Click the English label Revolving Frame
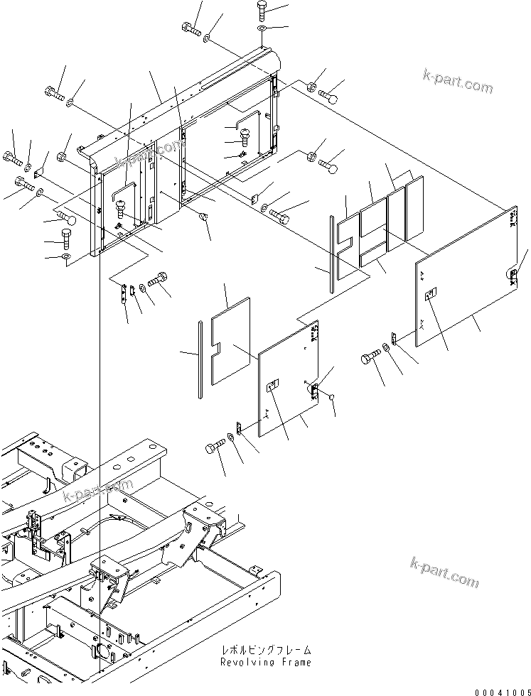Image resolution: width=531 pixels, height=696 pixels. pyautogui.click(x=264, y=662)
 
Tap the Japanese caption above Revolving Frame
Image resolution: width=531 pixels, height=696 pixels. pyautogui.click(x=264, y=650)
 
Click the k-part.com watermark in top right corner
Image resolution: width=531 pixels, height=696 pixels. pyautogui.click(x=456, y=87)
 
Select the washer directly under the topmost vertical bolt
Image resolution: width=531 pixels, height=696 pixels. pyautogui.click(x=261, y=28)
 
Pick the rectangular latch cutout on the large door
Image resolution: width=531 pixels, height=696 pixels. pyautogui.click(x=430, y=298)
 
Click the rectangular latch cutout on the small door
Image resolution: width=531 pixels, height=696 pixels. pyautogui.click(x=272, y=386)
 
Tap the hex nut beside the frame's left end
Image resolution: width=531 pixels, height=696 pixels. pyautogui.click(x=61, y=157)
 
